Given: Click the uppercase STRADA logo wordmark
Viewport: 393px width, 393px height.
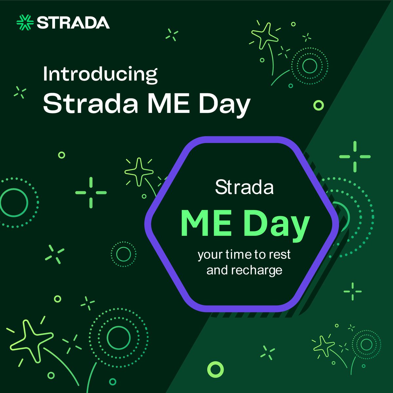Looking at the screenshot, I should (73, 23).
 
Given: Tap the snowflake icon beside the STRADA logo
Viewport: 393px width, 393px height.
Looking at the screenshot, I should (25, 23).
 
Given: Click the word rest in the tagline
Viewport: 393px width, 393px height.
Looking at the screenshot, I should (279, 255).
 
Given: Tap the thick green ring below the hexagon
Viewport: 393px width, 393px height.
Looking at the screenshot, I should (215, 369).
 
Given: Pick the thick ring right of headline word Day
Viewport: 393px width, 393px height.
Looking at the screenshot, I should (318, 105).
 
